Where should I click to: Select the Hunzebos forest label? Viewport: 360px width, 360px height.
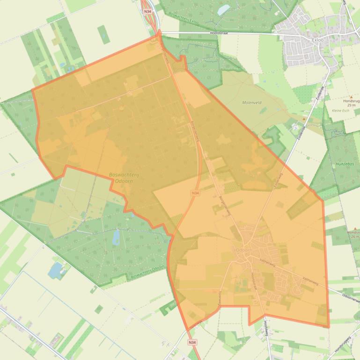click(x=345, y=165)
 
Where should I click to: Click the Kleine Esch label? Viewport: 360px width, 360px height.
click(x=340, y=111)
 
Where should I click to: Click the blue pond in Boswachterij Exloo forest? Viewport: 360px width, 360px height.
click(x=224, y=9)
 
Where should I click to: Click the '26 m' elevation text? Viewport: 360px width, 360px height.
click(x=354, y=237)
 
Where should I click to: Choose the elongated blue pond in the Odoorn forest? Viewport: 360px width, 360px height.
click(x=116, y=237)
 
